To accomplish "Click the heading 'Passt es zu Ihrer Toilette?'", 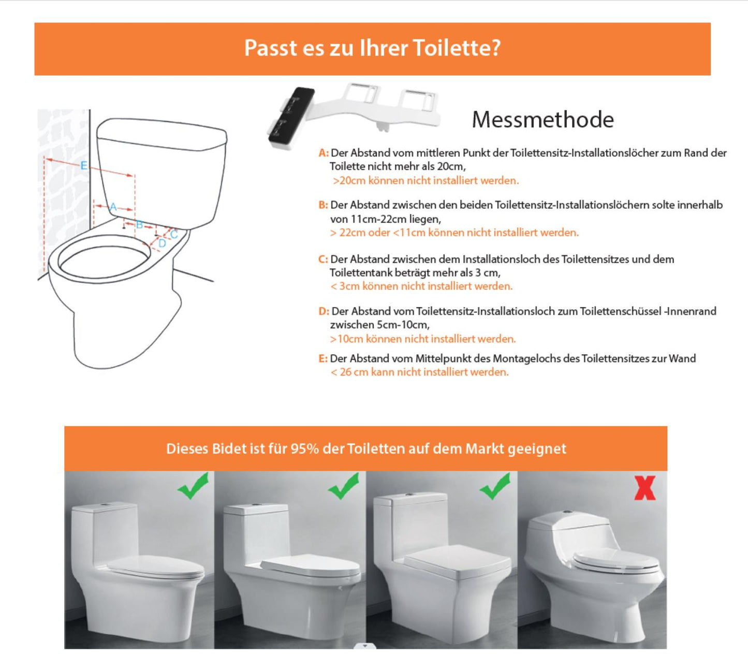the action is (372, 48).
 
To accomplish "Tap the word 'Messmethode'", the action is (543, 120).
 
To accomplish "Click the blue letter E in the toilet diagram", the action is (84, 166).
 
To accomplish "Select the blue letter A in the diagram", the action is (113, 207).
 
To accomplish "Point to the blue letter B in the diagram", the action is (139, 225).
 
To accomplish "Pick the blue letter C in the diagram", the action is (174, 235).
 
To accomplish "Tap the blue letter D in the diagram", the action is (163, 243).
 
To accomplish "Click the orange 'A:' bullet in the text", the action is (324, 153).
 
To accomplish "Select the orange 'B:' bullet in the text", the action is (324, 205).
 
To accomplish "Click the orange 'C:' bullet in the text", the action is (324, 259).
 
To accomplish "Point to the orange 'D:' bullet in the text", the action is (324, 311).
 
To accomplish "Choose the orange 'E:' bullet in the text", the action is (323, 359).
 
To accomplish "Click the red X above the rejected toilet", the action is (644, 488).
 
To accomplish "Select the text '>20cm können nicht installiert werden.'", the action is (426, 181).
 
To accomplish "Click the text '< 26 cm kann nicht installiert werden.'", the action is (419, 372).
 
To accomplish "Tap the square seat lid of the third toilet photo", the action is (458, 561).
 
